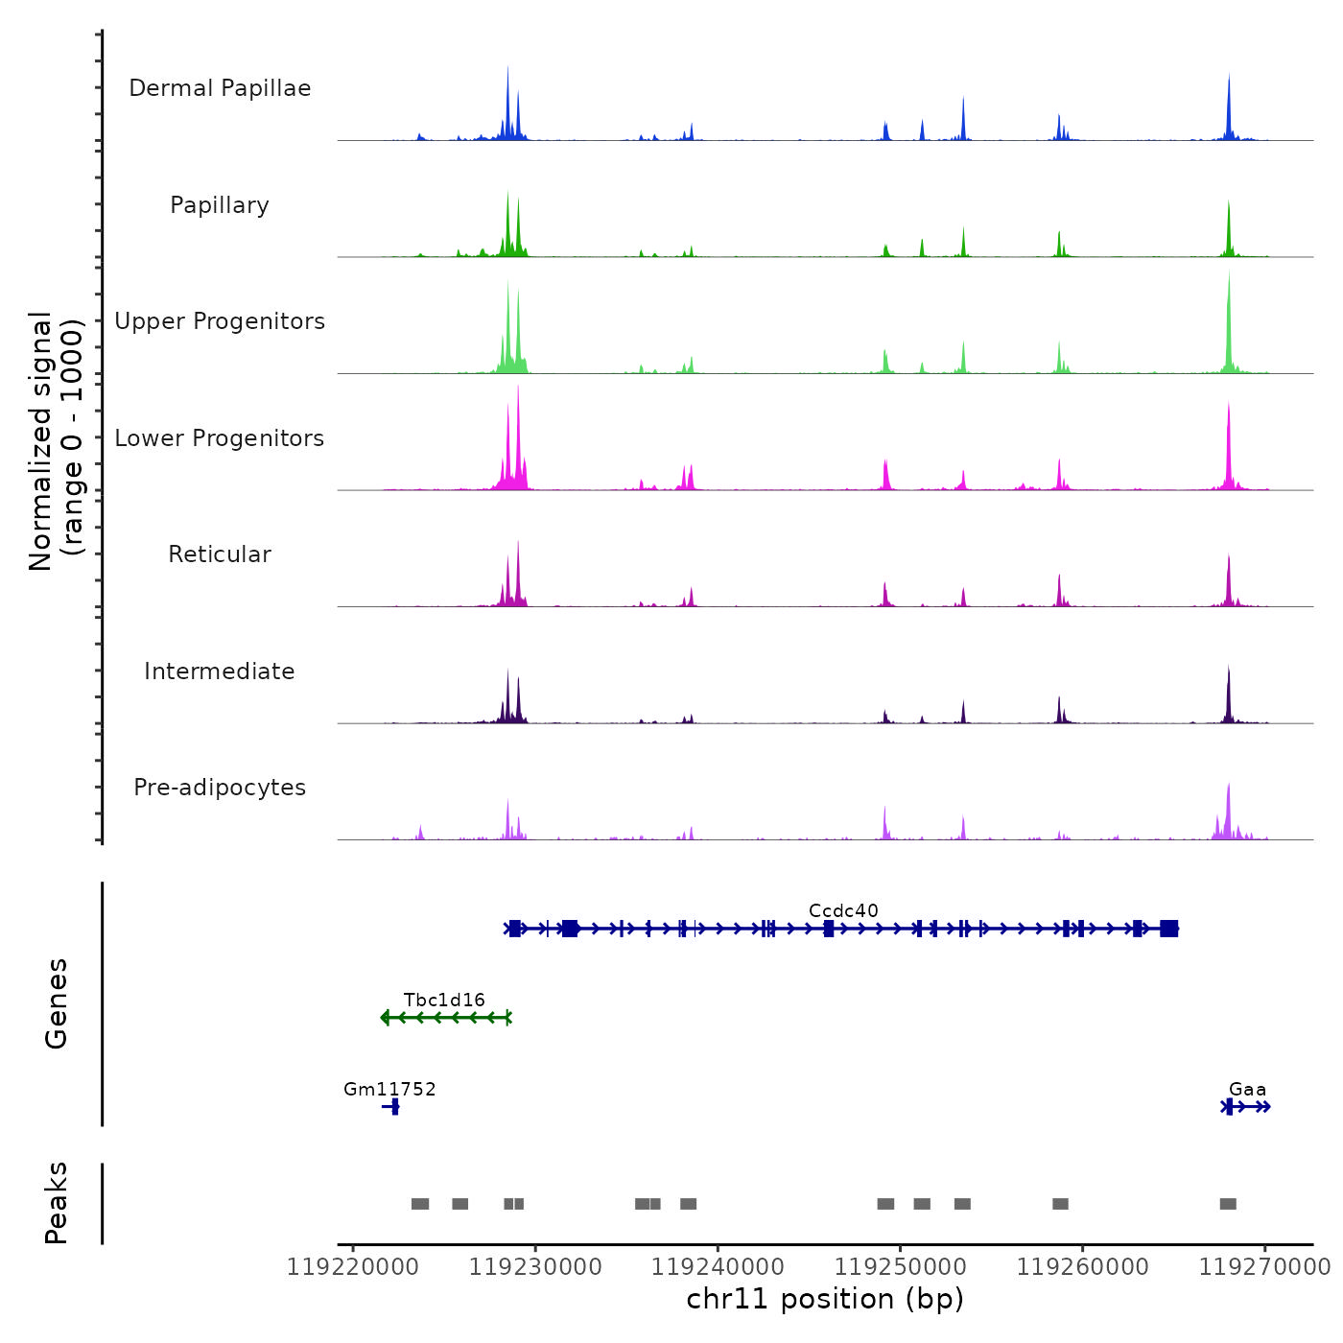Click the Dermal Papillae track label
click(x=220, y=88)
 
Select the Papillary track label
click(x=220, y=205)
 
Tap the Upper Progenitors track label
click(x=220, y=321)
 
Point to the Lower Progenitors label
click(x=220, y=438)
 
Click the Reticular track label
click(x=220, y=554)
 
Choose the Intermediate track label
click(x=220, y=671)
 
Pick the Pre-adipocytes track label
click(x=220, y=788)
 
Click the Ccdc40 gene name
click(x=843, y=910)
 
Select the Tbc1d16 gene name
click(x=444, y=1000)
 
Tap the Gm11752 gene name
click(x=389, y=1089)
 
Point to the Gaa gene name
click(x=1247, y=1089)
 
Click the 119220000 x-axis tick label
click(x=353, y=1267)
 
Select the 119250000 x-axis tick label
click(x=900, y=1267)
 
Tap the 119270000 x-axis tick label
click(x=1264, y=1267)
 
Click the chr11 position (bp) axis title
click(x=825, y=1299)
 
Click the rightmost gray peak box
click(x=1228, y=1204)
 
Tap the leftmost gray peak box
click(x=420, y=1204)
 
